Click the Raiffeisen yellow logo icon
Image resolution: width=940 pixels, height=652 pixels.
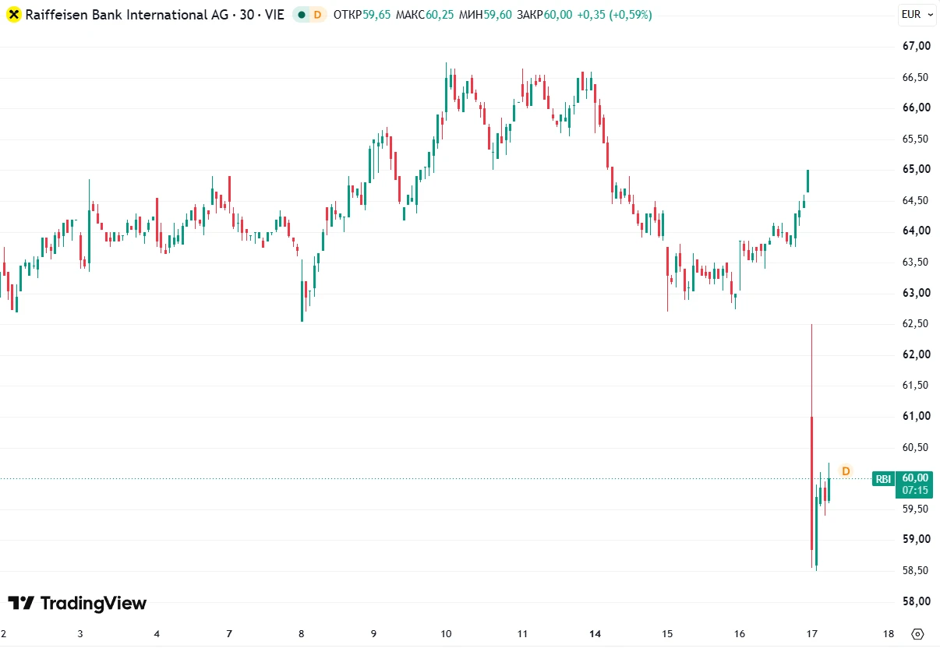(14, 15)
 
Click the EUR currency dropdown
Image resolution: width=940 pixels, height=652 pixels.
(917, 15)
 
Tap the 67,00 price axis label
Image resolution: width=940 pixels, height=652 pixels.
(917, 46)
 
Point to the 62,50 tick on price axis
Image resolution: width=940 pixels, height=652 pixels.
(915, 323)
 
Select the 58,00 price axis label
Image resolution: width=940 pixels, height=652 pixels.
(917, 601)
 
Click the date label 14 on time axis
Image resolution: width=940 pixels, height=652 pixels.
(595, 634)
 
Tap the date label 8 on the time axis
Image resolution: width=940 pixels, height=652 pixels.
(302, 634)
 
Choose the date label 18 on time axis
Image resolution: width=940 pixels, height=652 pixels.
(888, 634)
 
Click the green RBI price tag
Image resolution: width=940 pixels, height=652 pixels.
(883, 479)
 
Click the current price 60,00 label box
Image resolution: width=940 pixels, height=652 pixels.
(914, 485)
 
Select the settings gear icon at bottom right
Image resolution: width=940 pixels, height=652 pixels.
(917, 634)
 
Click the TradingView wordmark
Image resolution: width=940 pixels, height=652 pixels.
(78, 604)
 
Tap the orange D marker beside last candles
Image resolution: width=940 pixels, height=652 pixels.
(846, 471)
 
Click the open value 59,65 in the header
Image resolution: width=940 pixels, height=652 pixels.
(376, 15)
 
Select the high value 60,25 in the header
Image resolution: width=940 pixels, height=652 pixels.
(440, 15)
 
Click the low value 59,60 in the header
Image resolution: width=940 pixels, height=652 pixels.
(498, 15)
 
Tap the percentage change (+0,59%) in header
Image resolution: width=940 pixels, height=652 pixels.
(631, 15)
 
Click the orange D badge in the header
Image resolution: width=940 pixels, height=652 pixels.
(318, 15)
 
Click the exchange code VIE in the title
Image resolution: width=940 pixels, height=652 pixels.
(274, 15)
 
